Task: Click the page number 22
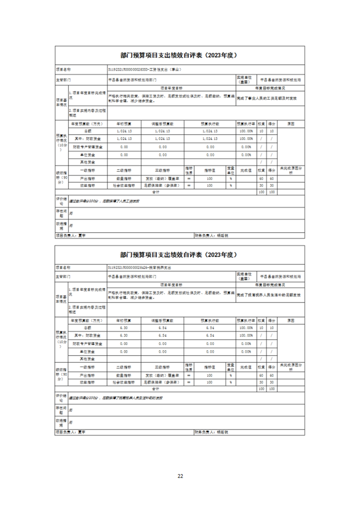(180, 476)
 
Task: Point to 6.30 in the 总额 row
(124, 327)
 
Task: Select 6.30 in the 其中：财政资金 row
(124, 335)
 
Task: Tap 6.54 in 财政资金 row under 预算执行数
(210, 335)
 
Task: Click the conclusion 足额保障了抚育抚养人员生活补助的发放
(116, 398)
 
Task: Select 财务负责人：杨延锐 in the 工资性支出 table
(211, 235)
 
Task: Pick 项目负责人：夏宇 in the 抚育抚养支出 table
(70, 432)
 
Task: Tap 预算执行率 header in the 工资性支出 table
(246, 123)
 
